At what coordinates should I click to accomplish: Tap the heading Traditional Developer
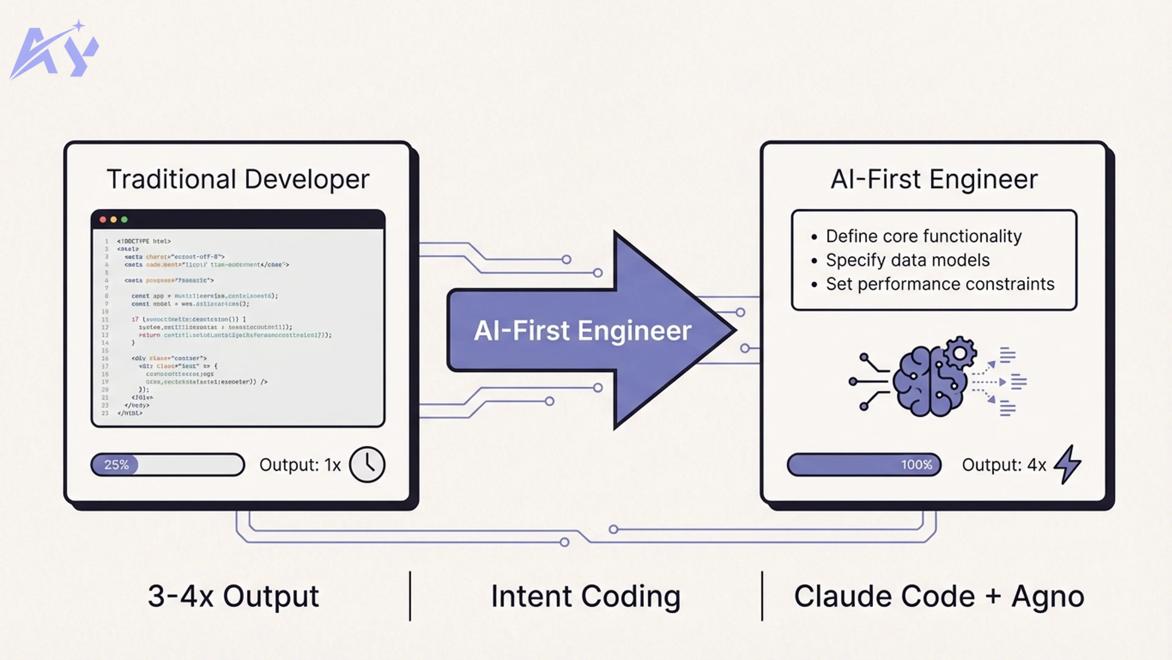click(238, 179)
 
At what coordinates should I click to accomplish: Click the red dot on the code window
click(103, 220)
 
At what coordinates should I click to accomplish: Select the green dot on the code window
click(124, 220)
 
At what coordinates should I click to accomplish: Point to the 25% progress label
click(117, 464)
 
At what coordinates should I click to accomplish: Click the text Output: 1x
click(300, 464)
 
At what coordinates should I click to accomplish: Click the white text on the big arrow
click(582, 330)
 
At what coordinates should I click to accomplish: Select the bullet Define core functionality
click(924, 236)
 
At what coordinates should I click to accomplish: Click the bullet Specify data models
click(908, 260)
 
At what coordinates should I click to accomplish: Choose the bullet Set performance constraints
click(940, 284)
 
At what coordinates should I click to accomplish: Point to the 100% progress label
click(916, 464)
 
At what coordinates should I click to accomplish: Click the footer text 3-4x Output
click(233, 596)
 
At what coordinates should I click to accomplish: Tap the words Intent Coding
click(586, 596)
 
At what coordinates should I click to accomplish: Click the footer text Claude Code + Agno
click(939, 596)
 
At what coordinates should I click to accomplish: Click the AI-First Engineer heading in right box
click(934, 179)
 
